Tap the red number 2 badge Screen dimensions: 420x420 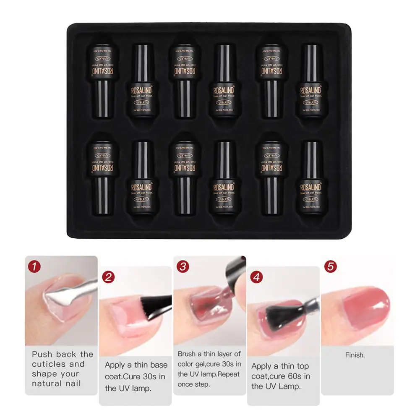(x=109, y=277)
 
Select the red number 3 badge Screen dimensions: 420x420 (x=183, y=266)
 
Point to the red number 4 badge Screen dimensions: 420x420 (x=257, y=277)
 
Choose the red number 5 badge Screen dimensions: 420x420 (x=330, y=266)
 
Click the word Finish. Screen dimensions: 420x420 (x=355, y=355)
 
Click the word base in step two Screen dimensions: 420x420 (x=157, y=365)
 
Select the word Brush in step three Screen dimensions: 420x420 (x=188, y=354)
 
